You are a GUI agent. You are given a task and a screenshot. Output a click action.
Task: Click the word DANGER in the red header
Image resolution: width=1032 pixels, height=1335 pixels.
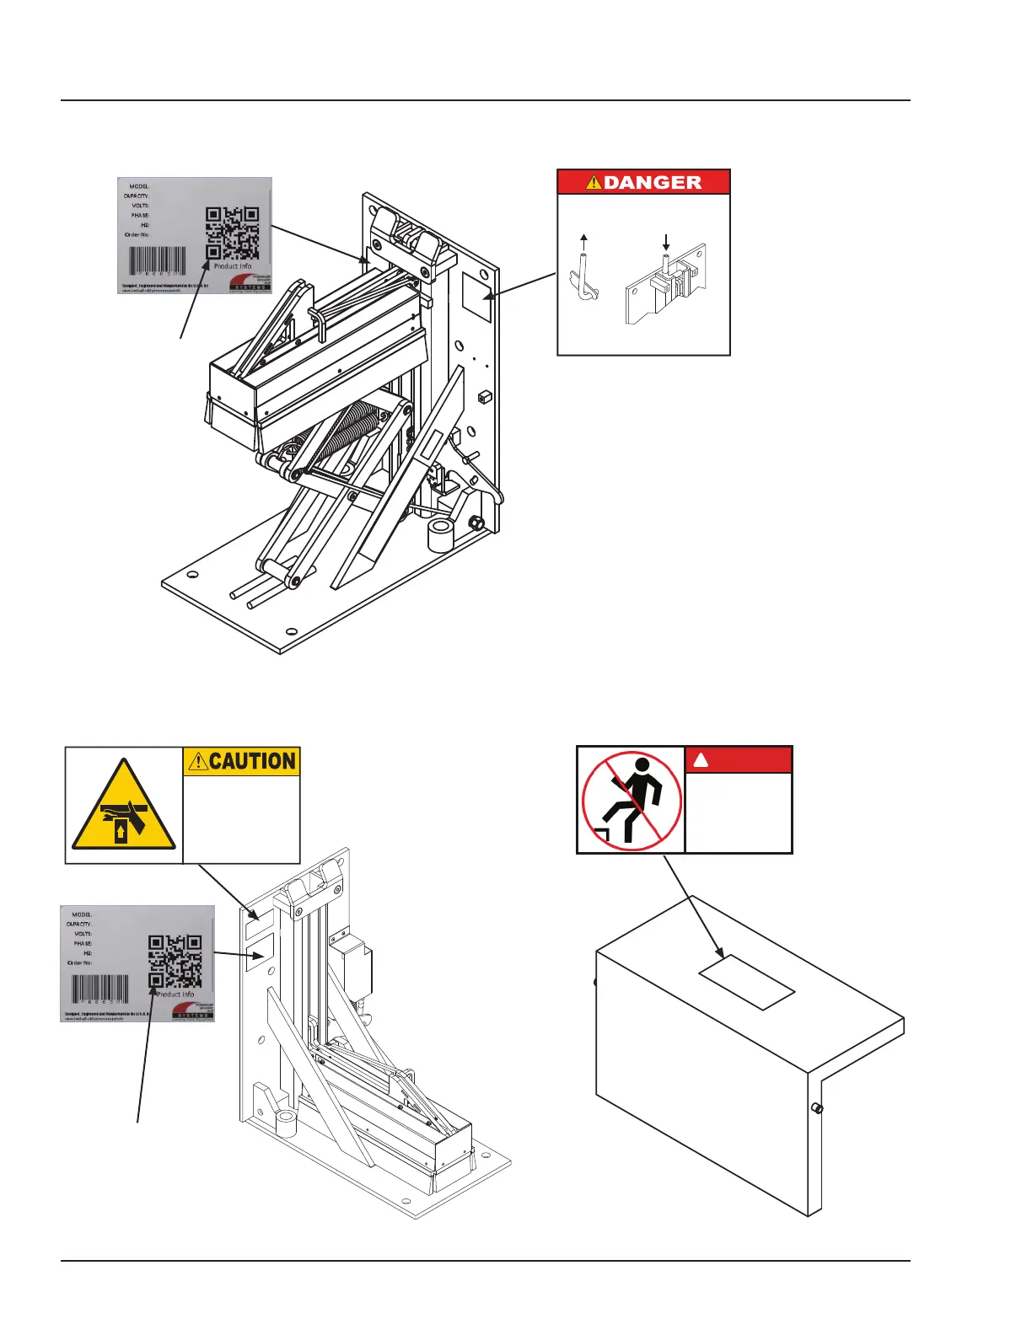click(x=653, y=182)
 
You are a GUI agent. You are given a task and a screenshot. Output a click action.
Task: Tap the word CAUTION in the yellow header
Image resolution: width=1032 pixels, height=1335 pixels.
click(x=252, y=761)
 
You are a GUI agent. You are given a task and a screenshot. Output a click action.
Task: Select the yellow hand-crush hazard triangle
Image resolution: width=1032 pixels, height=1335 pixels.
click(x=124, y=807)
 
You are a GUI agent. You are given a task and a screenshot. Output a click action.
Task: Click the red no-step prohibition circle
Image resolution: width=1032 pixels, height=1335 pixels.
click(x=631, y=801)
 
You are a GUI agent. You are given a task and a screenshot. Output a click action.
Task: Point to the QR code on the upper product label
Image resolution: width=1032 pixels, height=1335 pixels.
click(x=232, y=233)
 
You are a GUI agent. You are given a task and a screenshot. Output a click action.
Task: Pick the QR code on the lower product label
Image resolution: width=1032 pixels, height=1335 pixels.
click(x=175, y=961)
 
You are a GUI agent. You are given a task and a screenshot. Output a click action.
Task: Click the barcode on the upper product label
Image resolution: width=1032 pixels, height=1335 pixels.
click(x=157, y=260)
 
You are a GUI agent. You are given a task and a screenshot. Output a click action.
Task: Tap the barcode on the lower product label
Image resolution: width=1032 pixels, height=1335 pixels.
click(x=100, y=989)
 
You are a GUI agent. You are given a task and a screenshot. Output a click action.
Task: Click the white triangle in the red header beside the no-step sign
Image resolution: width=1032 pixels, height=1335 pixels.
click(x=701, y=760)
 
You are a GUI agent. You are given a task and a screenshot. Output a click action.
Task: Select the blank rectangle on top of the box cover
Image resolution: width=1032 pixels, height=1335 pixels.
click(x=747, y=981)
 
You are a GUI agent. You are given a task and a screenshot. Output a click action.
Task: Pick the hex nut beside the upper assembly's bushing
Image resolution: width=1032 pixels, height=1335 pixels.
click(x=476, y=523)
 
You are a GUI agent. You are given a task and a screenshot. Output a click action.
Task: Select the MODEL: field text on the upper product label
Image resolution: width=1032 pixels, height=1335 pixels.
click(x=139, y=186)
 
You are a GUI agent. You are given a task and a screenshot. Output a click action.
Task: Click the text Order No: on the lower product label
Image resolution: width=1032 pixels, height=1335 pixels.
click(x=79, y=962)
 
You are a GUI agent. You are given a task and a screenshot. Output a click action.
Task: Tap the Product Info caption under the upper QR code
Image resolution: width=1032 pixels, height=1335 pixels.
click(x=232, y=266)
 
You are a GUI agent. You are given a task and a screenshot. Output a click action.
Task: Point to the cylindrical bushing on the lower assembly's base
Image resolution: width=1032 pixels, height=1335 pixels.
click(x=287, y=1124)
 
